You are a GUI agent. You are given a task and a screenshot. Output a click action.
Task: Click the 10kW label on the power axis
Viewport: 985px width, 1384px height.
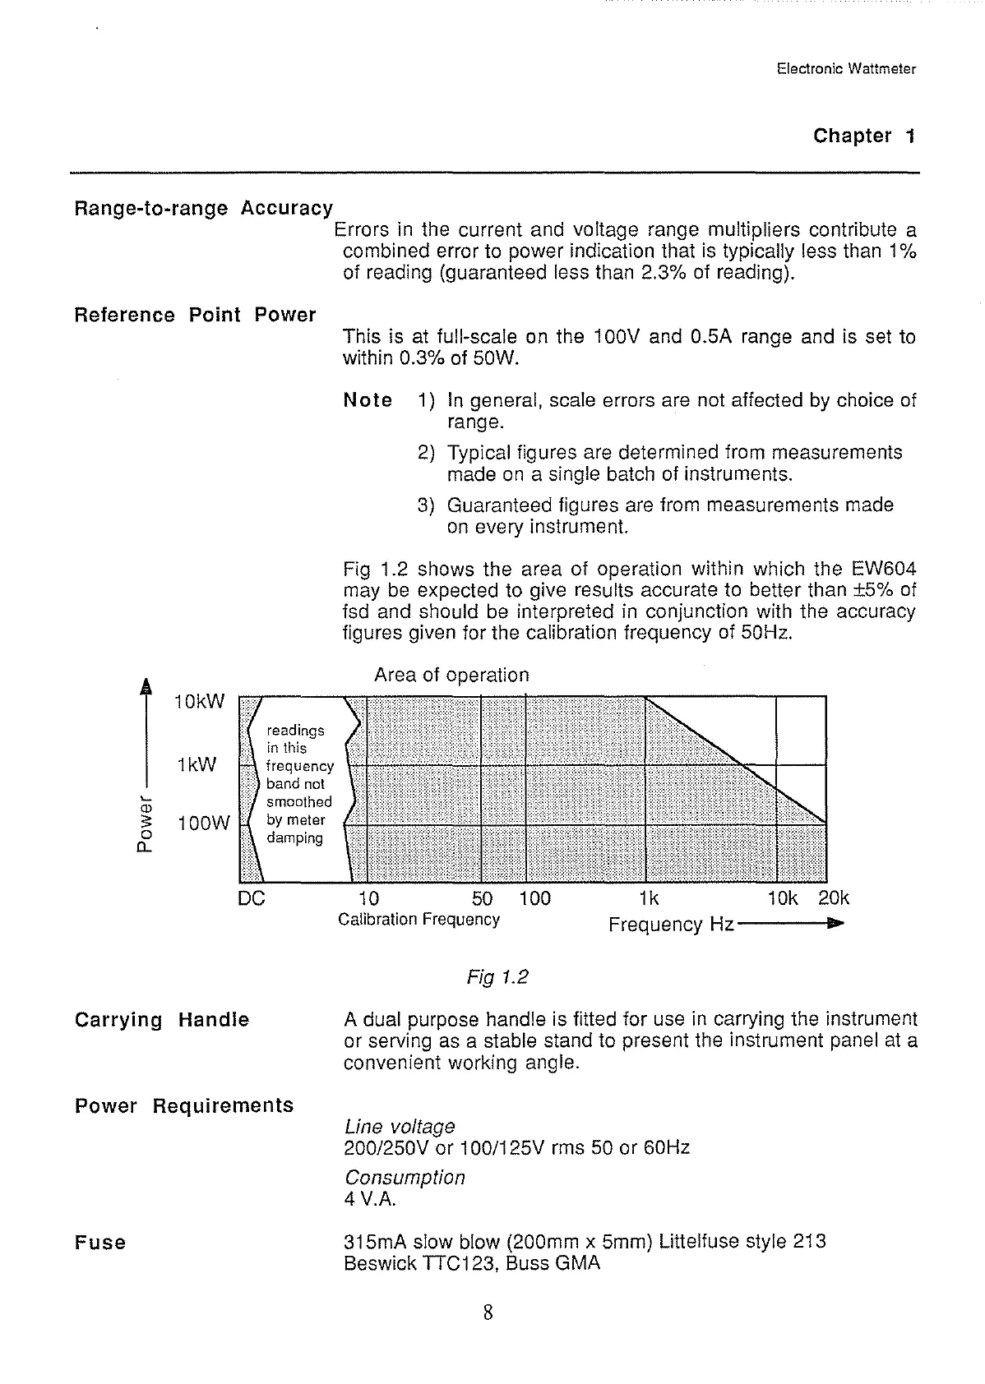coord(199,702)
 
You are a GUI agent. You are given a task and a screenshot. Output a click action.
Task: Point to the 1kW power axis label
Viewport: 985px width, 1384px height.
coord(197,765)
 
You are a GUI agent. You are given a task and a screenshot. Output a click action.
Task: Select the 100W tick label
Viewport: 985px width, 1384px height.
coord(203,823)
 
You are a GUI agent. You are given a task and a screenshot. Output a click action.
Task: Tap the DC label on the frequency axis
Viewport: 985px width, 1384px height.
coord(251,899)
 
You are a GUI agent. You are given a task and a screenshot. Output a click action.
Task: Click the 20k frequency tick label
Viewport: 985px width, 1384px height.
coord(834,899)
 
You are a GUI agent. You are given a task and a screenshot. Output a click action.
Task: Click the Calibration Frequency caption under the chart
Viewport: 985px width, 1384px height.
coord(419,920)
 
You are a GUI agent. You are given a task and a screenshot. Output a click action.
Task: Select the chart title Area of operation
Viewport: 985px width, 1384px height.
coord(451,676)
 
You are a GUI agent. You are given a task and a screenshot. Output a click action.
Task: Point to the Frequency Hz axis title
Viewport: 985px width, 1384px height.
coord(671,925)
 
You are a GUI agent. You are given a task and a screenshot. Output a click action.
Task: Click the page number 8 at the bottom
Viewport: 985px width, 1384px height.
coord(488,1313)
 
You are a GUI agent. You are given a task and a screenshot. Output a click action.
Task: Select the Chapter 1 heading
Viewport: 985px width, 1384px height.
coord(863,136)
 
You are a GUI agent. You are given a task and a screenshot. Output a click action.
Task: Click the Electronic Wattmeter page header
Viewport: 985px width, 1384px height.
coord(845,69)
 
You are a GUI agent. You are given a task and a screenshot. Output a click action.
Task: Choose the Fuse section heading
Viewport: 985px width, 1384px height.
coord(100,1243)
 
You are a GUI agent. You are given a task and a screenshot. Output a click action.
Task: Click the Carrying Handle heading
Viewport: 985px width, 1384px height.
coord(161,1020)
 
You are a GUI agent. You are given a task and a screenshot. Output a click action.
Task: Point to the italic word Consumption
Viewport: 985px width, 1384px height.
coord(405,1178)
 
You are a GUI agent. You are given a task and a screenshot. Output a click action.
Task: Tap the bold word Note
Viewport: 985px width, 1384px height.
coord(368,401)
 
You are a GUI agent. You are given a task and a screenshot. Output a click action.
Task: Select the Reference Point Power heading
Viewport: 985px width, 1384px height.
coord(195,316)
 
